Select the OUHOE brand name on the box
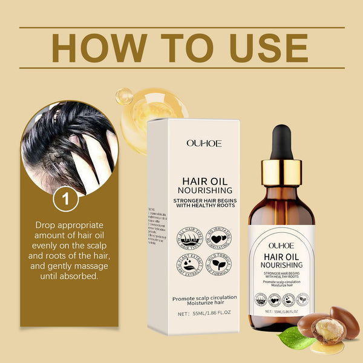(x=204, y=143)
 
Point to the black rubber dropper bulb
(x=281, y=141)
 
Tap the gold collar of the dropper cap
(x=281, y=172)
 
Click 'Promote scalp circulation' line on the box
(x=204, y=297)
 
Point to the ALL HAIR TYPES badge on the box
(x=189, y=238)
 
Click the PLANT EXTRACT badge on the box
(x=189, y=268)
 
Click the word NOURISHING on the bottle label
(x=281, y=265)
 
